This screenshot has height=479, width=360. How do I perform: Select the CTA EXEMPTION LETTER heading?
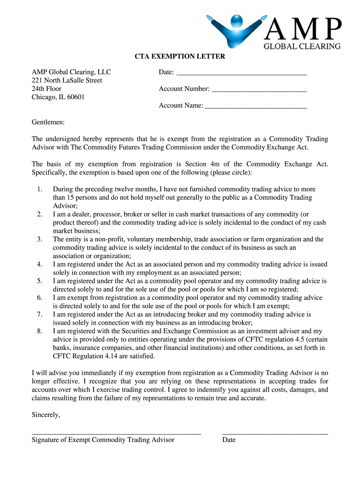[180, 57]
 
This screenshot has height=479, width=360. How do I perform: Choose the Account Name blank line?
[256, 108]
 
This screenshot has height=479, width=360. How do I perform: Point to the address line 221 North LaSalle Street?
[67, 80]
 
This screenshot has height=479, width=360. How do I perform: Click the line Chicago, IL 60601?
[58, 97]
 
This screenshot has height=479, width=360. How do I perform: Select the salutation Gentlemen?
[48, 123]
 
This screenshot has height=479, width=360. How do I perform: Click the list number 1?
[39, 189]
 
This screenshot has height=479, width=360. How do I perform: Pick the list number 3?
[39, 239]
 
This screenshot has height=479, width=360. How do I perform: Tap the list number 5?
[39, 281]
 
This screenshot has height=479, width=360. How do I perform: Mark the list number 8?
[39, 331]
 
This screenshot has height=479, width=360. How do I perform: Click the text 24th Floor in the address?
[47, 89]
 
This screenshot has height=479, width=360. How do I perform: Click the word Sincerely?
[46, 414]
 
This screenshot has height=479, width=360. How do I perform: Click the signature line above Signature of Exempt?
[116, 435]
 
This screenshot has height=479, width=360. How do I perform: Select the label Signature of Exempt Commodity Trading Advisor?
[103, 440]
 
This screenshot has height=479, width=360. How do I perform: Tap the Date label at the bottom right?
[229, 440]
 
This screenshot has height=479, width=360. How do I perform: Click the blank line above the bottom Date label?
[275, 435]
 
